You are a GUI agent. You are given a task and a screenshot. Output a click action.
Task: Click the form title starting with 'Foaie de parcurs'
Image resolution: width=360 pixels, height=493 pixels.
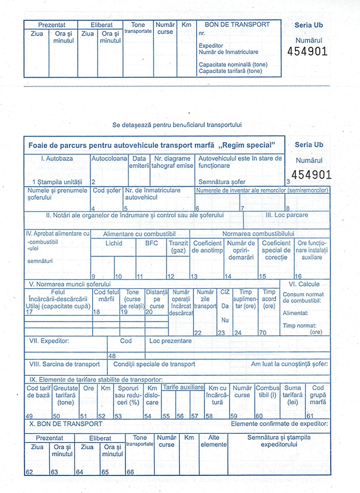tap(151, 145)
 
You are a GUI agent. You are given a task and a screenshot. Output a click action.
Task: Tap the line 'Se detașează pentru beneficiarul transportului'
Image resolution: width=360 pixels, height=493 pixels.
tap(177, 125)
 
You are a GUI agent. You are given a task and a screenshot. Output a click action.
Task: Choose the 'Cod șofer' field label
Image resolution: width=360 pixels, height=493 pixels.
tap(106, 191)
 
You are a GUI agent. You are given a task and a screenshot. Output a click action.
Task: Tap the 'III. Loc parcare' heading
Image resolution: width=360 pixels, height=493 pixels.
tap(287, 215)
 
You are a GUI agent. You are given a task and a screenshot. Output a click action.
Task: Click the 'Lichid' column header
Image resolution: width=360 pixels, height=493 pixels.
tap(114, 243)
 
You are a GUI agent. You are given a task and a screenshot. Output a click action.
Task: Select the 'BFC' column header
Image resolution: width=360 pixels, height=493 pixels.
tap(151, 243)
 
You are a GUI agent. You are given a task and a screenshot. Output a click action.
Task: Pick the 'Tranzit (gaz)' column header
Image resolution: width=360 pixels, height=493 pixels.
tap(178, 246)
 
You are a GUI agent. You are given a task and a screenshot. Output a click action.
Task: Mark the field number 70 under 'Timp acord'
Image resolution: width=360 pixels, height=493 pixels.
tap(263, 333)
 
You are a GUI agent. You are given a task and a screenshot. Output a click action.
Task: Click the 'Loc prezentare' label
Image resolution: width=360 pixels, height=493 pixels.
tap(170, 341)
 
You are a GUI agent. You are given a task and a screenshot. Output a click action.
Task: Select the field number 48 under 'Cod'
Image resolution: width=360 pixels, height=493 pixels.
tap(112, 356)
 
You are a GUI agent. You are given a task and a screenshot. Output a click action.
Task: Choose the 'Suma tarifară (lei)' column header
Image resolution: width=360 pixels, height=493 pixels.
tap(293, 395)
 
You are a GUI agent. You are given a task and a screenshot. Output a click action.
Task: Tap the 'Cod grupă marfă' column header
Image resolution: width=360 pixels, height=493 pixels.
tap(318, 395)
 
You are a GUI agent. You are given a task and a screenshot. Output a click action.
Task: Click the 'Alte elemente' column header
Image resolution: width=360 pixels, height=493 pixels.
tap(214, 442)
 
